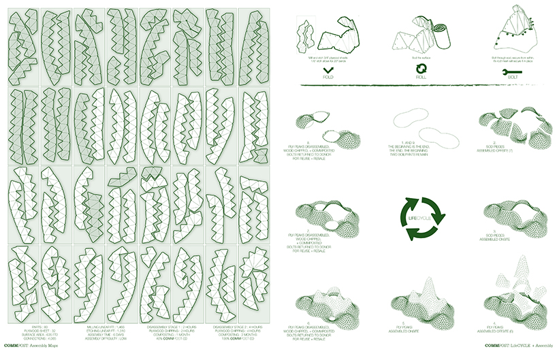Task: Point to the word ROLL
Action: (x=420, y=79)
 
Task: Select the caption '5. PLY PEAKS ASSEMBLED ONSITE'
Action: (x=419, y=324)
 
